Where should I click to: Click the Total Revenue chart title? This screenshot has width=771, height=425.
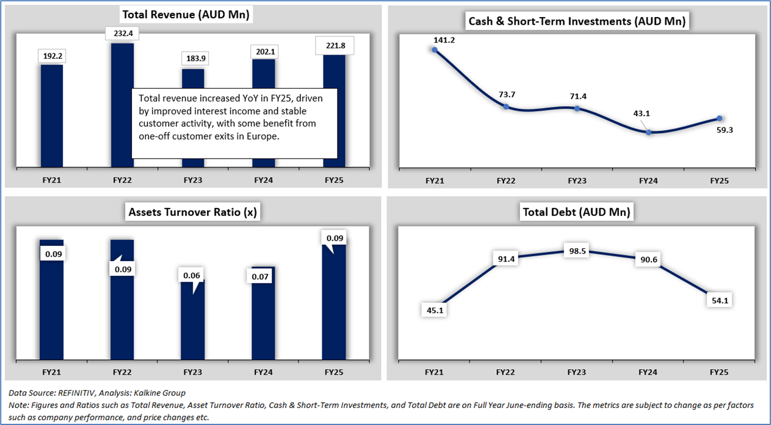185,15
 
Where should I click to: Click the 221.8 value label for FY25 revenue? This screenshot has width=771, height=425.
334,44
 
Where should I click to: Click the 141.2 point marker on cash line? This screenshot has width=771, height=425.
435,50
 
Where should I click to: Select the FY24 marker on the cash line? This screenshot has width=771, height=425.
648,132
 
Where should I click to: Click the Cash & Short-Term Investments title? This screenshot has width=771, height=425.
577,22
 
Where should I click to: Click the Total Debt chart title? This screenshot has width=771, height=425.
576,212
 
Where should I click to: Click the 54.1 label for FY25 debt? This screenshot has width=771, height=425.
719,300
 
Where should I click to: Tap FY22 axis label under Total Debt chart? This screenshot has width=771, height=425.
506,372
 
